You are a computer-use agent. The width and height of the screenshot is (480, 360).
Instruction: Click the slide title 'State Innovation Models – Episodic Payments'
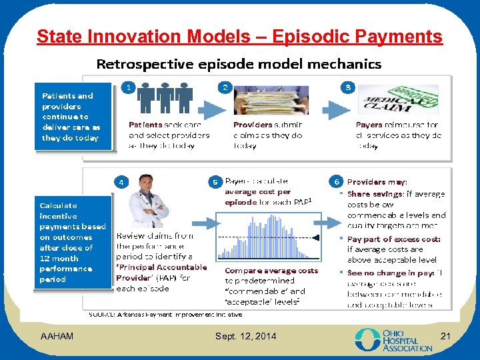[239, 36]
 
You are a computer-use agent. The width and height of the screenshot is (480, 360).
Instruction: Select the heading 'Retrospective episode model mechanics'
[239, 64]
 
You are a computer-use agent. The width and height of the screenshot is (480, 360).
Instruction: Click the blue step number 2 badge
[225, 87]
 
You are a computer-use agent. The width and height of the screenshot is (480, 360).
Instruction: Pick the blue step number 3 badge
[347, 87]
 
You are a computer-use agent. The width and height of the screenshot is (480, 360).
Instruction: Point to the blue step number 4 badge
[121, 181]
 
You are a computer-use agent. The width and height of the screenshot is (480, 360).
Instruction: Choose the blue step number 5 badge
[215, 181]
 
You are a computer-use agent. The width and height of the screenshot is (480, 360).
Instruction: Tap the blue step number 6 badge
[337, 181]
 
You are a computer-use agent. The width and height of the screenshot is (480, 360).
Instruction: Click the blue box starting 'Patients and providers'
[70, 117]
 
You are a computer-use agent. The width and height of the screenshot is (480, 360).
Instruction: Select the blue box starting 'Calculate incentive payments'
[72, 242]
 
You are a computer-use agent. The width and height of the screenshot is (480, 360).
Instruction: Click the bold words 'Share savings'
[375, 194]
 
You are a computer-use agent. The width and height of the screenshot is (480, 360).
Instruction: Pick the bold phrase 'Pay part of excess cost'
[393, 239]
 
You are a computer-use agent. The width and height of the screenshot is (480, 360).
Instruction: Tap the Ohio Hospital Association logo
[393, 339]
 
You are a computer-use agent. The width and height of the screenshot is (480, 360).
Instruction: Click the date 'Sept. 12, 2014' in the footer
[245, 336]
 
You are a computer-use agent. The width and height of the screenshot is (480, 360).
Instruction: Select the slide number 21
[446, 335]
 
